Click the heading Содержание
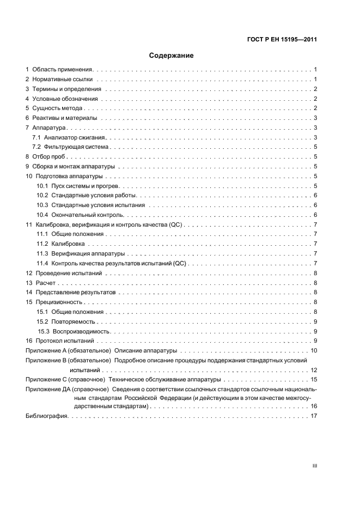[171, 56]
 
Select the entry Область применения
[63, 70]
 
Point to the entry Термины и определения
[66, 89]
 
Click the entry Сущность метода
[57, 108]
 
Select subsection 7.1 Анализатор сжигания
[74, 138]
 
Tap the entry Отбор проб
[49, 157]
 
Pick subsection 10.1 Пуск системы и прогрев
[82, 186]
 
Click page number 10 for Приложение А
[314, 350]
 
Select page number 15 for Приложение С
[314, 379]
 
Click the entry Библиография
[47, 417]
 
